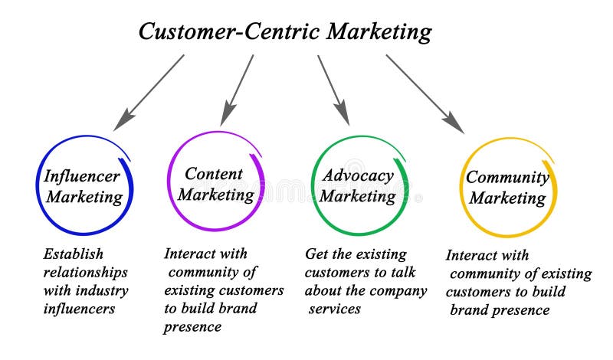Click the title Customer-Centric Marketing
tap(285, 31)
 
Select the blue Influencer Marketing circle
tap(84, 185)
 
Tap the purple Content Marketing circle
tap(215, 183)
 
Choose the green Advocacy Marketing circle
tap(359, 185)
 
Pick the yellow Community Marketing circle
tap(507, 187)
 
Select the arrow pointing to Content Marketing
tap(237, 90)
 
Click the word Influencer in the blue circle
tap(82, 175)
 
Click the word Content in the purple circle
tap(214, 173)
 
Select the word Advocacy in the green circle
tap(357, 175)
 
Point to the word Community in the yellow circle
tap(507, 177)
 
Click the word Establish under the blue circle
tap(73, 254)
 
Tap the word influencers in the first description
tap(79, 309)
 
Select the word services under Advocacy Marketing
tap(335, 309)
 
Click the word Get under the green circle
tap(316, 254)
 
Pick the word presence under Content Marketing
tap(192, 327)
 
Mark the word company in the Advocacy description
tap(399, 290)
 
